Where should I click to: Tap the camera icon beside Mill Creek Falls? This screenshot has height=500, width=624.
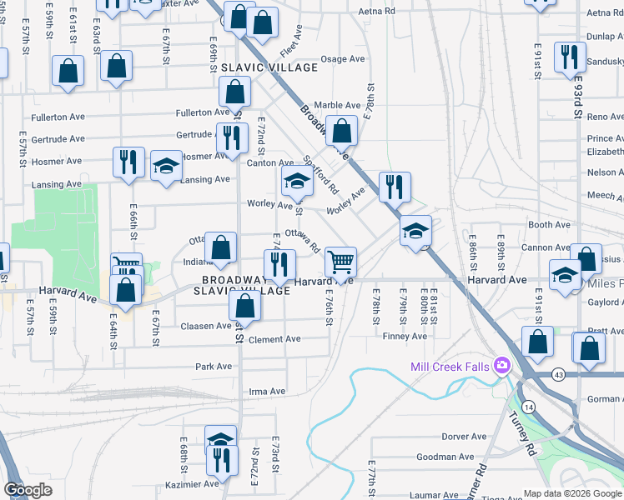pyautogui.click(x=501, y=365)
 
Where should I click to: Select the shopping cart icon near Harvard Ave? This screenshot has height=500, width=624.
pyautogui.click(x=340, y=262)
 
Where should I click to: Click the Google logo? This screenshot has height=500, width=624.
pyautogui.click(x=28, y=490)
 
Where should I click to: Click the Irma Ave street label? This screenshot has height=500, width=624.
pyautogui.click(x=267, y=391)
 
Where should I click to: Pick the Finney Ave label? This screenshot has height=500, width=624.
pyautogui.click(x=405, y=336)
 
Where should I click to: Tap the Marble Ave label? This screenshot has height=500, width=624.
pyautogui.click(x=337, y=106)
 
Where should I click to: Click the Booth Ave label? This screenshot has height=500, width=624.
pyautogui.click(x=549, y=225)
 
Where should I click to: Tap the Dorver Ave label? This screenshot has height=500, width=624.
pyautogui.click(x=464, y=436)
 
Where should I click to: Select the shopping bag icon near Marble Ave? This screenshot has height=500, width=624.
pyautogui.click(x=341, y=131)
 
